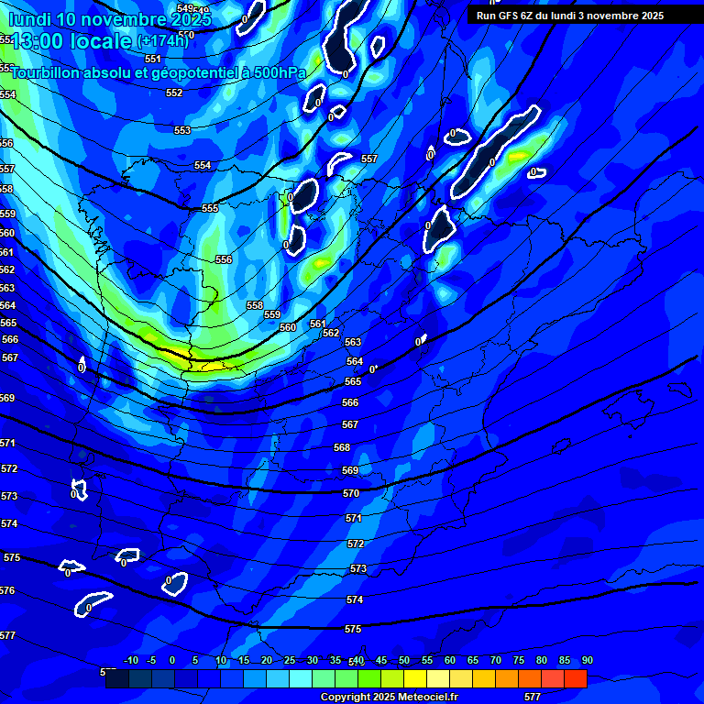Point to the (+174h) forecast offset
click(162, 41)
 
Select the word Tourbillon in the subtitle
click(45, 72)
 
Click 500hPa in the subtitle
click(275, 72)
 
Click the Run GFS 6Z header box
click(570, 15)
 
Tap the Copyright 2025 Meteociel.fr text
click(390, 698)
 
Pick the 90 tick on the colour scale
click(587, 661)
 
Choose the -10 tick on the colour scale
click(131, 661)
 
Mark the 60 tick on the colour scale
click(450, 661)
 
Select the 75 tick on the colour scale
click(519, 661)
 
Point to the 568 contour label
click(342, 447)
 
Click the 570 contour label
click(351, 493)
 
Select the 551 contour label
click(153, 59)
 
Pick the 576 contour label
click(7, 591)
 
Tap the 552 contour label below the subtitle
click(174, 93)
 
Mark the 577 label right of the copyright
click(533, 698)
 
